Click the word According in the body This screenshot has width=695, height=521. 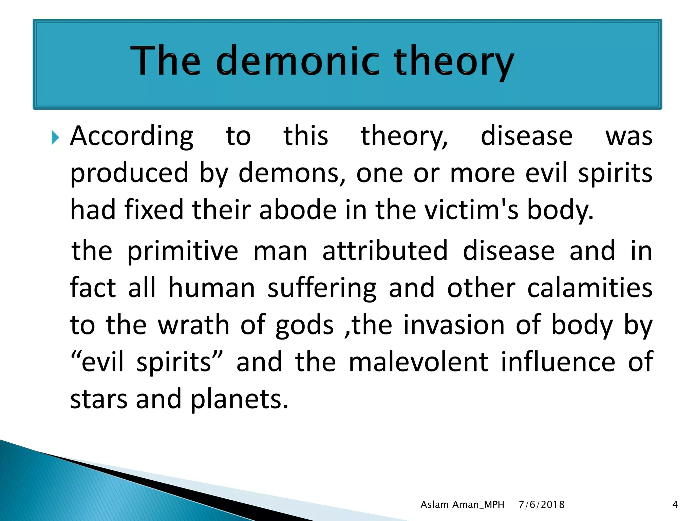point(132,136)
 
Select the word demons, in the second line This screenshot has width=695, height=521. point(292,173)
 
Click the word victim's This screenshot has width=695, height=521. point(472,210)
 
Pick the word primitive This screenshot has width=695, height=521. point(183,251)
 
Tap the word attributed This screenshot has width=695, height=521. point(385,251)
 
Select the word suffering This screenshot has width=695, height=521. point(322,288)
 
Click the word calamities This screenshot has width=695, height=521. point(590,288)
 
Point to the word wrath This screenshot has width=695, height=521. point(194,325)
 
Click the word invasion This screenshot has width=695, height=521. point(454,325)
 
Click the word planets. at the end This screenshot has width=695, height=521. point(239,400)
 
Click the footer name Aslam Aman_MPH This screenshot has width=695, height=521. point(462,505)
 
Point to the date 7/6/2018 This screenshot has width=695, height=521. point(542,505)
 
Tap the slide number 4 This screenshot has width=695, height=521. point(675,505)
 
